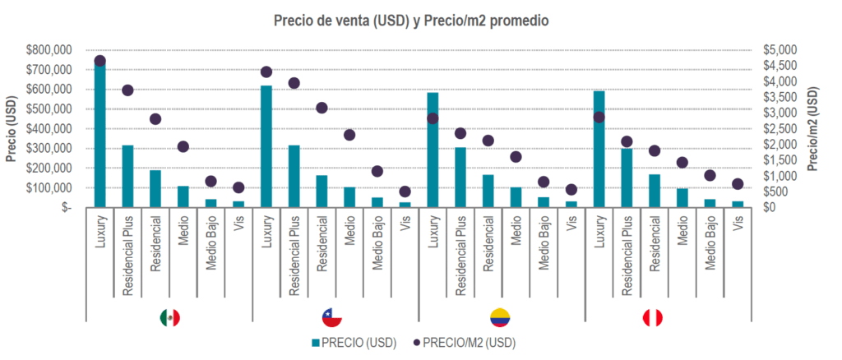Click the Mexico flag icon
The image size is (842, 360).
pos(169,318)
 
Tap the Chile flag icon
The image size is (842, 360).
pos(333,318)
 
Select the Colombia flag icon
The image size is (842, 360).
pos(499,318)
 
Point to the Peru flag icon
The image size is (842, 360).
pos(652,318)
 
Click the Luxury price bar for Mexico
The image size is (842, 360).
pos(100,136)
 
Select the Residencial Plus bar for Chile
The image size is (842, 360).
pos(294,176)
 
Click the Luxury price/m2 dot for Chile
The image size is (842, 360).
pos(266,72)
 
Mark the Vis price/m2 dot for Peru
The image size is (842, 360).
pos(738,184)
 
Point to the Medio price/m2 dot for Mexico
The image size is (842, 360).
pos(183,146)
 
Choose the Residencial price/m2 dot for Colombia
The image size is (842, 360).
pos(488,141)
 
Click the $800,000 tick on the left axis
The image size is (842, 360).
pos(49,50)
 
